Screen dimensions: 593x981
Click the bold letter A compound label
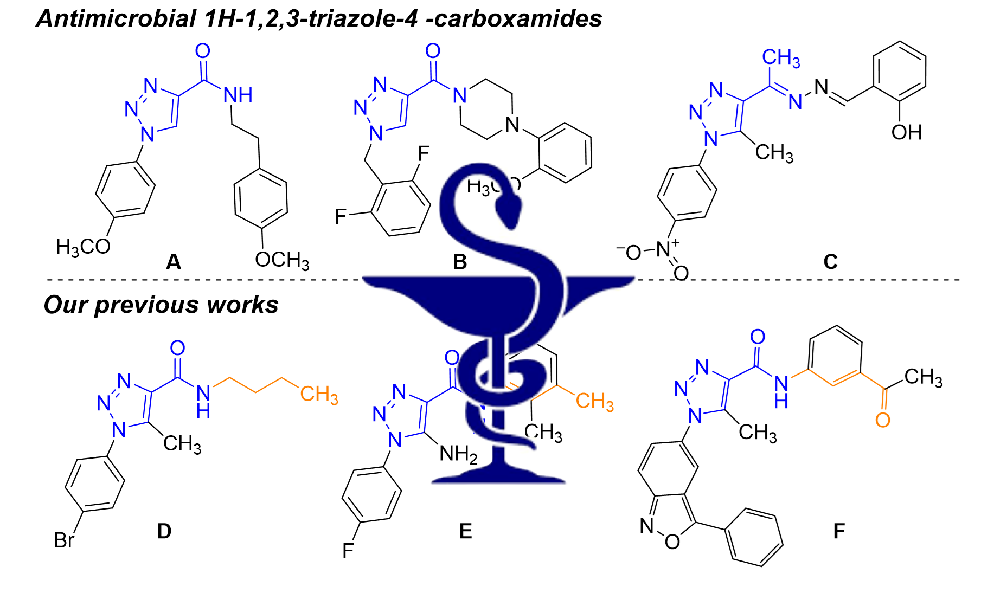[174, 262]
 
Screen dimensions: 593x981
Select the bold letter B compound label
[460, 262]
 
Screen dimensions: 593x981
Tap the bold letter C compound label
[830, 262]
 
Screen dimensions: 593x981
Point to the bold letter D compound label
[164, 531]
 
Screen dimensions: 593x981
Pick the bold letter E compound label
[465, 531]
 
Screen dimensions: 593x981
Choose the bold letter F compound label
[839, 531]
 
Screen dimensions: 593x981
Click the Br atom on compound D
[64, 540]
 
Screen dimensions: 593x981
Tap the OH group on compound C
[906, 132]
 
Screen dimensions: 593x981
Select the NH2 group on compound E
[458, 454]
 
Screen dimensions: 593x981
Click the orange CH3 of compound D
[319, 395]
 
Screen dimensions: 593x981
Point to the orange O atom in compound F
[883, 420]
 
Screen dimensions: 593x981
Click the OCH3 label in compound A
[282, 260]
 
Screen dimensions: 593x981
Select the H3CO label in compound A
[84, 247]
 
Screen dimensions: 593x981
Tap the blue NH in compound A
[238, 96]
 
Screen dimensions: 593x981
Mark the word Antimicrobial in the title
[116, 19]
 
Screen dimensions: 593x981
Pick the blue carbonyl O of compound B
[433, 51]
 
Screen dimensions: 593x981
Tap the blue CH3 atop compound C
[781, 57]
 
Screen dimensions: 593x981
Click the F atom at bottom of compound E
[348, 551]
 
